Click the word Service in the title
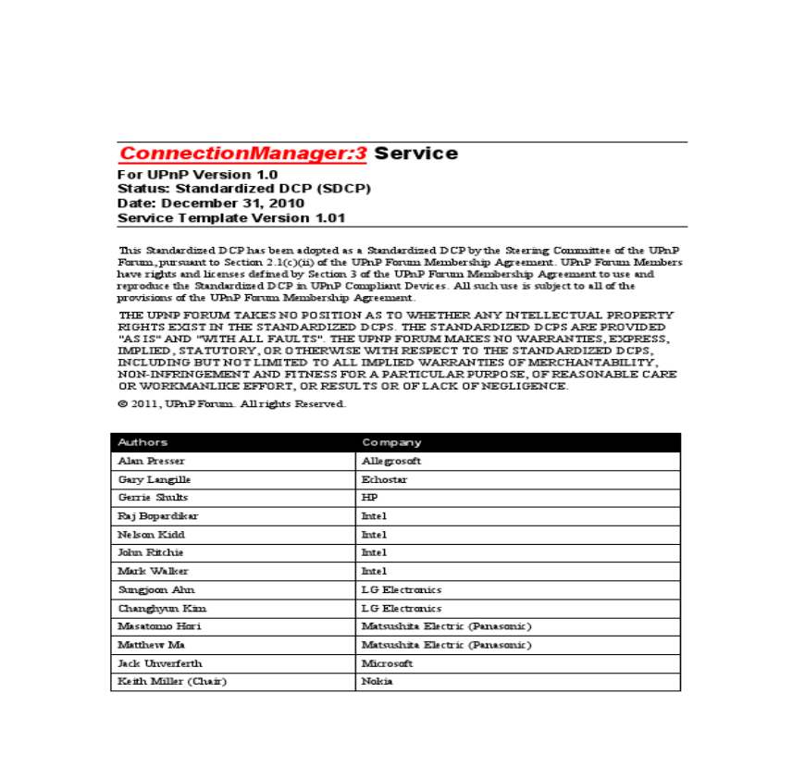415,154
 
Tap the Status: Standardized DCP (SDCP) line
244,189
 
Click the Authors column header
142,442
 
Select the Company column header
391,442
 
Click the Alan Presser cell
151,461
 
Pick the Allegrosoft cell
390,461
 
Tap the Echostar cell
384,479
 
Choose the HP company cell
369,498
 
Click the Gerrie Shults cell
153,498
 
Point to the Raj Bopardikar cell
157,516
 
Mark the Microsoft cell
387,663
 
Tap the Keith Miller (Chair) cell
172,682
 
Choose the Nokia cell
377,682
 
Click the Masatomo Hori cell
159,626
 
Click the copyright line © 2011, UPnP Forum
231,404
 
